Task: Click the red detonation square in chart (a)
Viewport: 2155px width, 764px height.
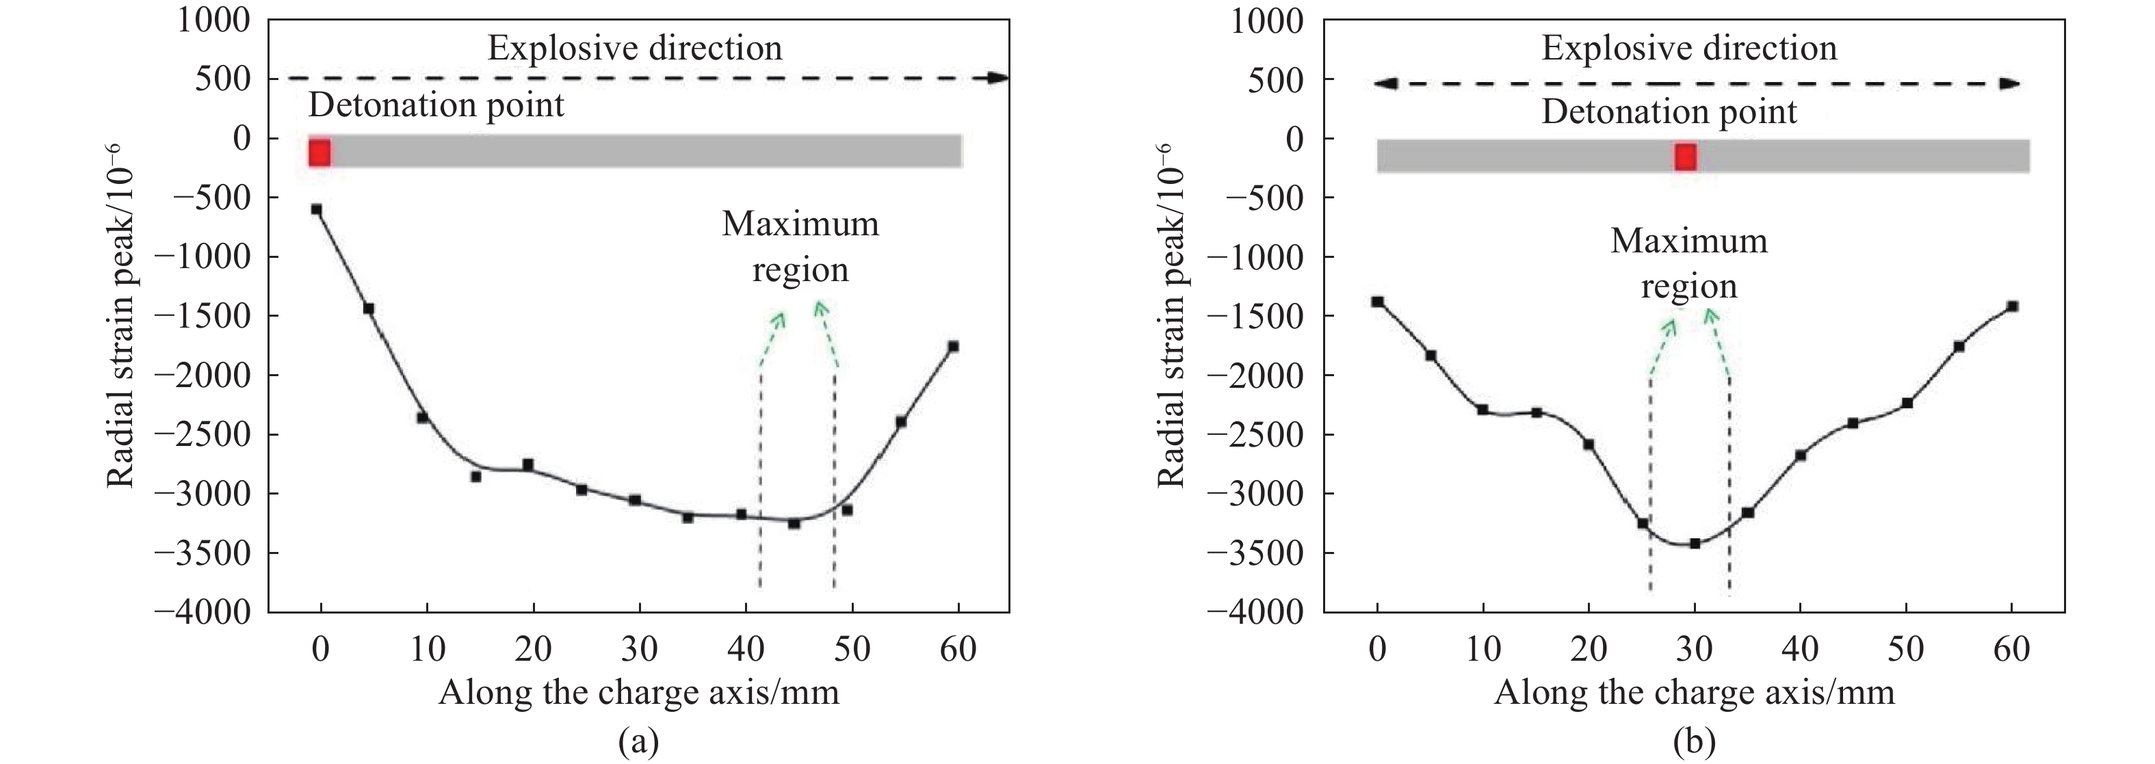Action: click(x=319, y=153)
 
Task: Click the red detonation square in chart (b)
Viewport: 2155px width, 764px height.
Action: click(x=1685, y=157)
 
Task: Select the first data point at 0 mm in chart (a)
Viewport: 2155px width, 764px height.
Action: click(x=316, y=209)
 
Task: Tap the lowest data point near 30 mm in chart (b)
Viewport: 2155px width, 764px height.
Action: click(x=1695, y=543)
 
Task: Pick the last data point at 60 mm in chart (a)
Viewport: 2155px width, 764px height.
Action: click(x=953, y=345)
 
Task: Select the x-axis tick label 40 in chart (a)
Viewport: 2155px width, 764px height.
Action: click(x=746, y=648)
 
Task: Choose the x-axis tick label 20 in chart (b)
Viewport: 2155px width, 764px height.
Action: click(x=1588, y=648)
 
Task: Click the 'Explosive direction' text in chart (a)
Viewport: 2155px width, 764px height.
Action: click(x=634, y=49)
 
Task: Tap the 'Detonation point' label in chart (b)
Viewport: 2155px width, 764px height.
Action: click(x=1669, y=111)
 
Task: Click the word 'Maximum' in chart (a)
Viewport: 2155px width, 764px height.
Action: click(x=800, y=224)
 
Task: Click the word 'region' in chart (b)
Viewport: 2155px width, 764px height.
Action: click(x=1689, y=287)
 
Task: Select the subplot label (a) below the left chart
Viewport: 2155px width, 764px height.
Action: click(x=638, y=741)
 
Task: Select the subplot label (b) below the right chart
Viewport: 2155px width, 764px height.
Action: click(x=1694, y=741)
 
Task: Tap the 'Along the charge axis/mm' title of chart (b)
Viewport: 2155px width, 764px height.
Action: click(x=1694, y=693)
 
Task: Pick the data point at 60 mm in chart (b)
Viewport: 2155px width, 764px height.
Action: click(x=2012, y=306)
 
